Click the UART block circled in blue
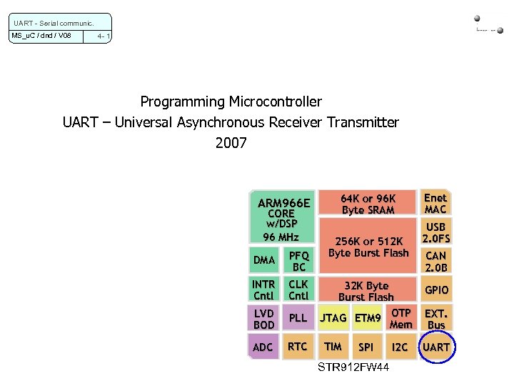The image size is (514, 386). click(436, 347)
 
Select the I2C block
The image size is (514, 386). click(400, 347)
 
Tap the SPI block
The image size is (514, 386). click(366, 347)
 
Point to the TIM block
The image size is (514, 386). click(333, 347)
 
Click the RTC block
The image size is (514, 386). click(298, 347)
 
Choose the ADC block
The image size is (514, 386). click(263, 347)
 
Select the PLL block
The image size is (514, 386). click(298, 318)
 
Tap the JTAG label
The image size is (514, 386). click(333, 318)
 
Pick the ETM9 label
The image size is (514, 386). click(368, 318)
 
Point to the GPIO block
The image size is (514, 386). click(436, 290)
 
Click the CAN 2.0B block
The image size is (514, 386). click(436, 262)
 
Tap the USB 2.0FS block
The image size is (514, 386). click(436, 232)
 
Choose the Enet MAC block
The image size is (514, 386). click(435, 204)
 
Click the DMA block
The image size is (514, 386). click(264, 260)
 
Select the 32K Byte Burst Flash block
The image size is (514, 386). click(366, 291)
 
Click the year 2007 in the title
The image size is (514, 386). click(231, 143)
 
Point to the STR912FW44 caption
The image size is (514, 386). click(353, 367)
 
